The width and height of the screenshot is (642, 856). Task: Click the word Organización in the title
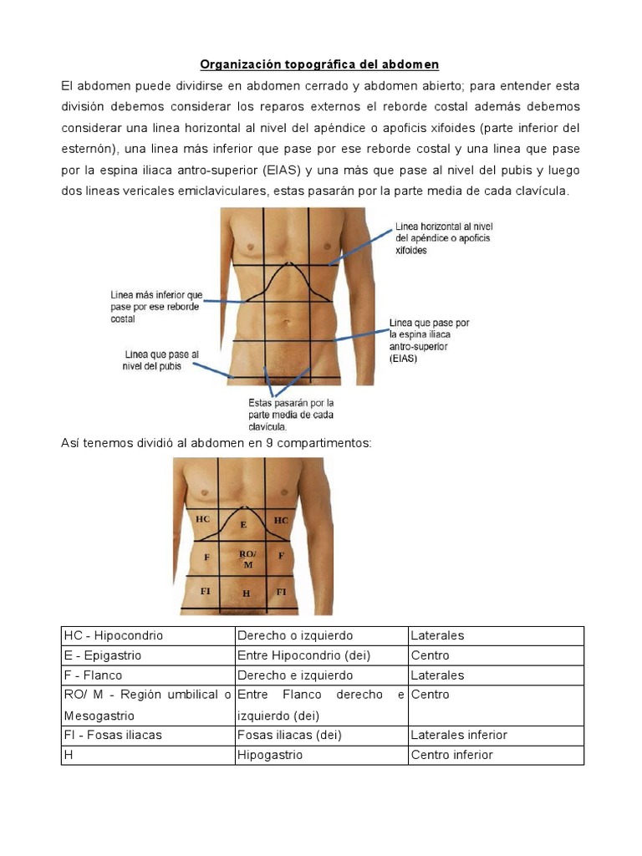click(x=237, y=64)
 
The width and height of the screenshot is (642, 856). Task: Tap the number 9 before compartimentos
click(x=270, y=443)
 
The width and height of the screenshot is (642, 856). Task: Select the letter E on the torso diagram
click(x=243, y=524)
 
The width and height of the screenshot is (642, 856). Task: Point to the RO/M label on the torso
click(x=247, y=559)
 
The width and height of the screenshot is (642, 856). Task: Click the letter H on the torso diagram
click(x=246, y=594)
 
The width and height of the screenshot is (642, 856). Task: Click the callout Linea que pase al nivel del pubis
click(x=161, y=360)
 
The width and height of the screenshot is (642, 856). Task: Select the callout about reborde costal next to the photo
click(x=156, y=307)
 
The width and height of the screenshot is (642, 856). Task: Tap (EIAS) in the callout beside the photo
click(x=404, y=358)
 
